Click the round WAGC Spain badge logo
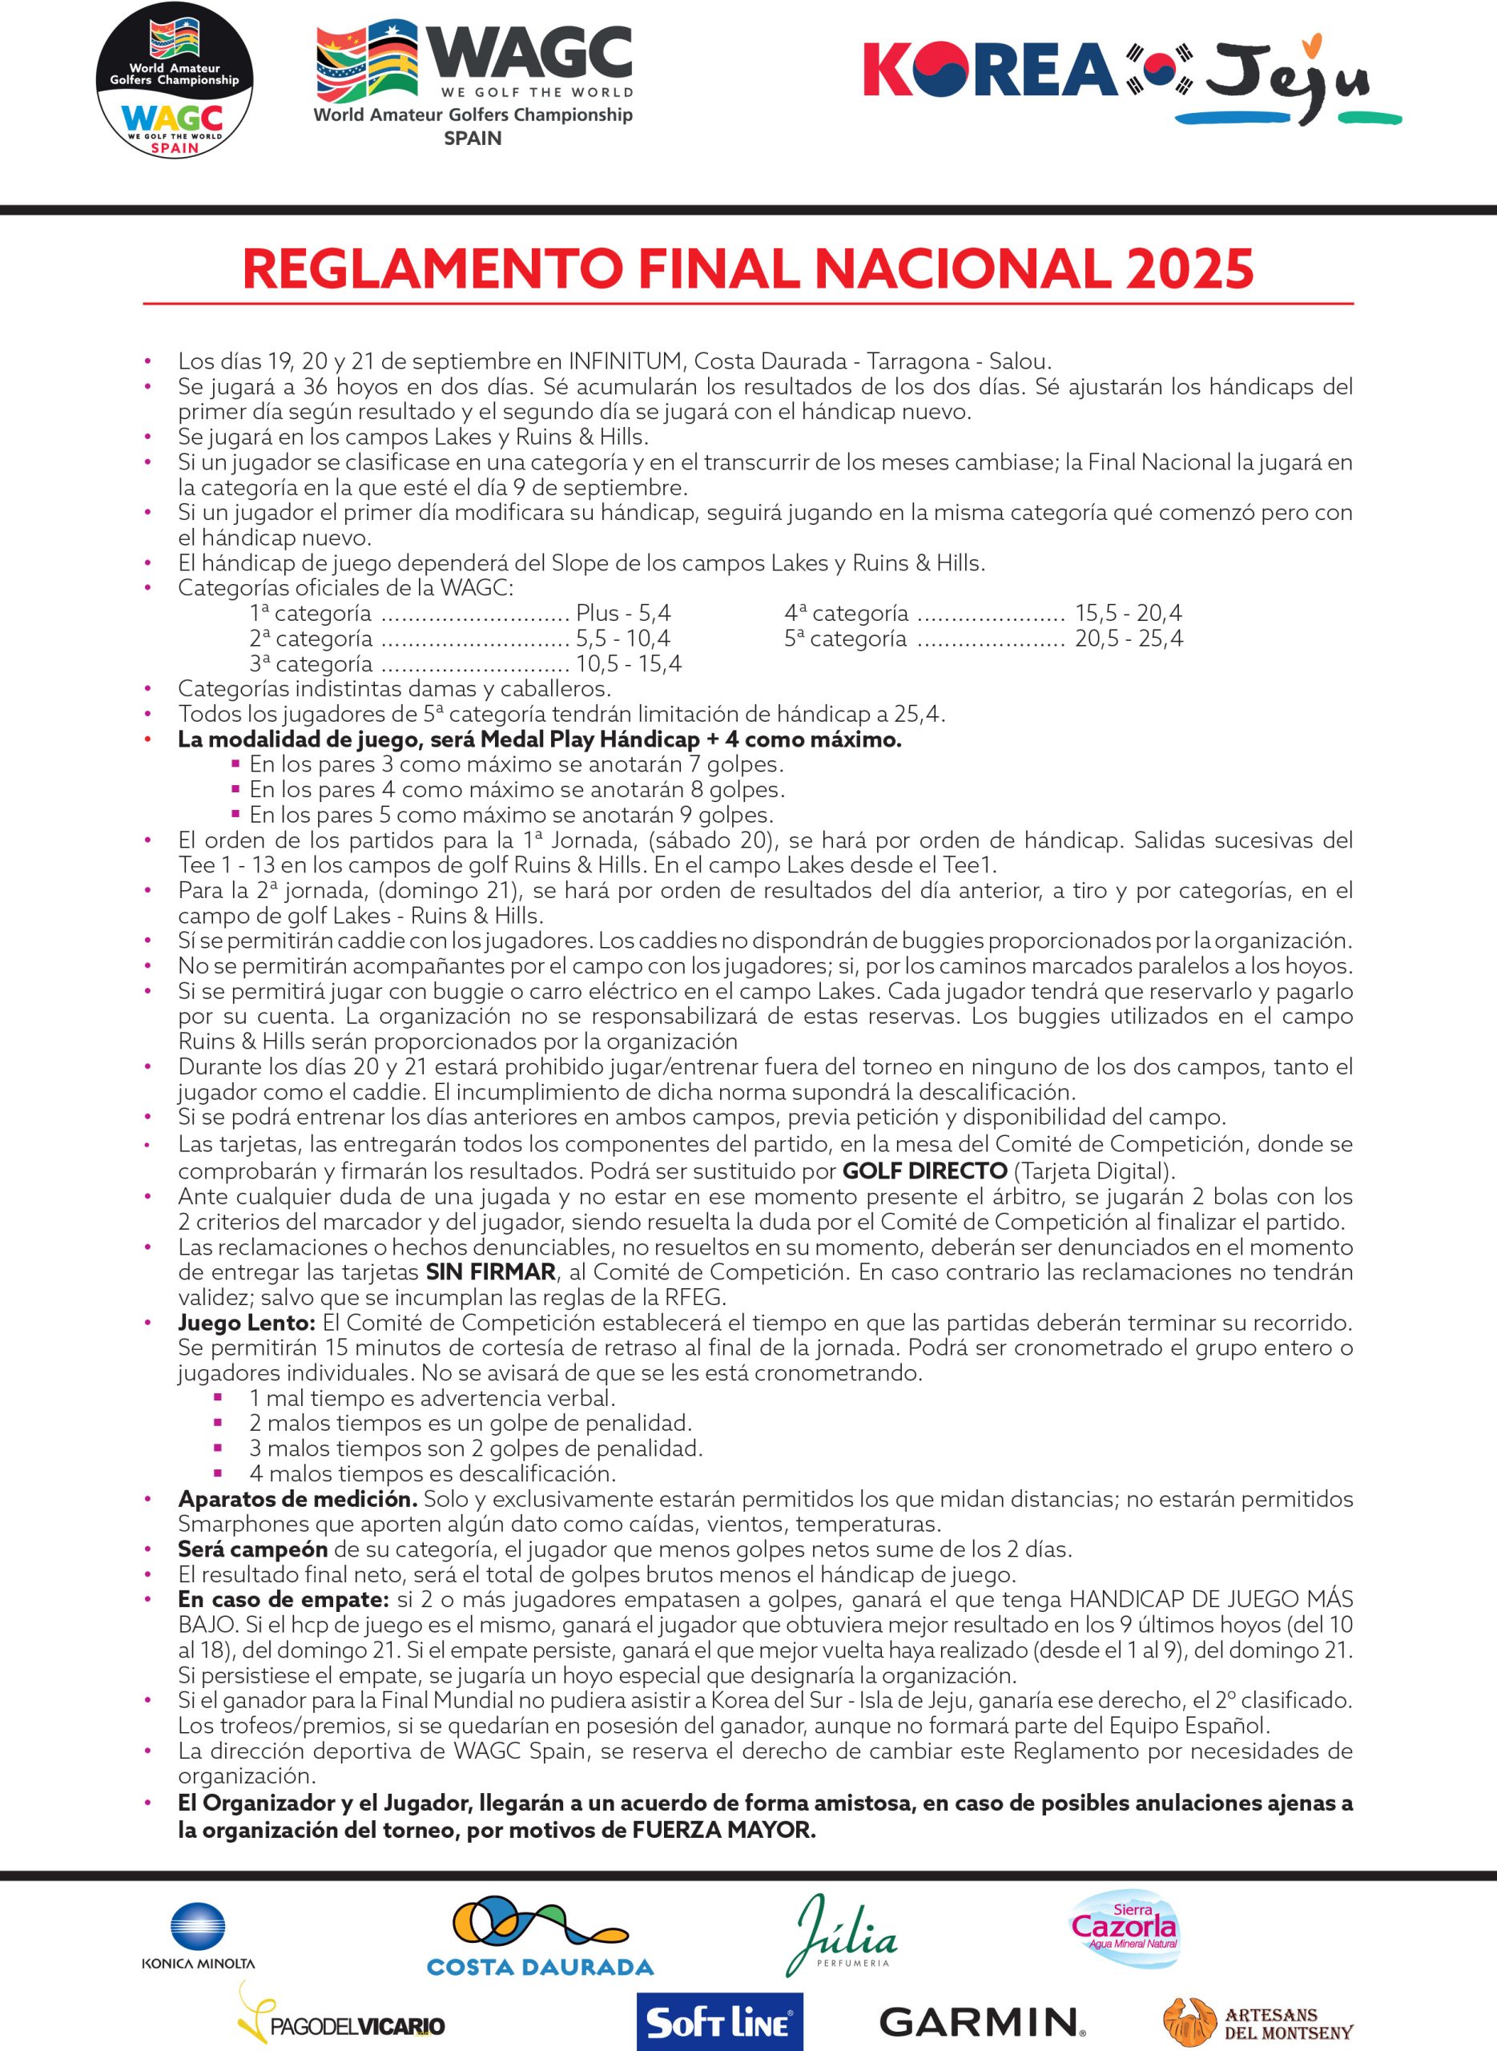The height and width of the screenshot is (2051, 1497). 174,80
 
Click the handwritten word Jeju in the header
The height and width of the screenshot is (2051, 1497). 1287,77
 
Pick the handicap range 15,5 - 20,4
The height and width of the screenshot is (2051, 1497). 1129,613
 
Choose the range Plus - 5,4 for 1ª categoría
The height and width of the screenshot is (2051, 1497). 623,613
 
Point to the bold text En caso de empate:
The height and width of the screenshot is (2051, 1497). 284,1600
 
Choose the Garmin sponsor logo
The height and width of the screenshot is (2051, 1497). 981,2021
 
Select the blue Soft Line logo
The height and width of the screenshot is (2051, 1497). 719,2021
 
